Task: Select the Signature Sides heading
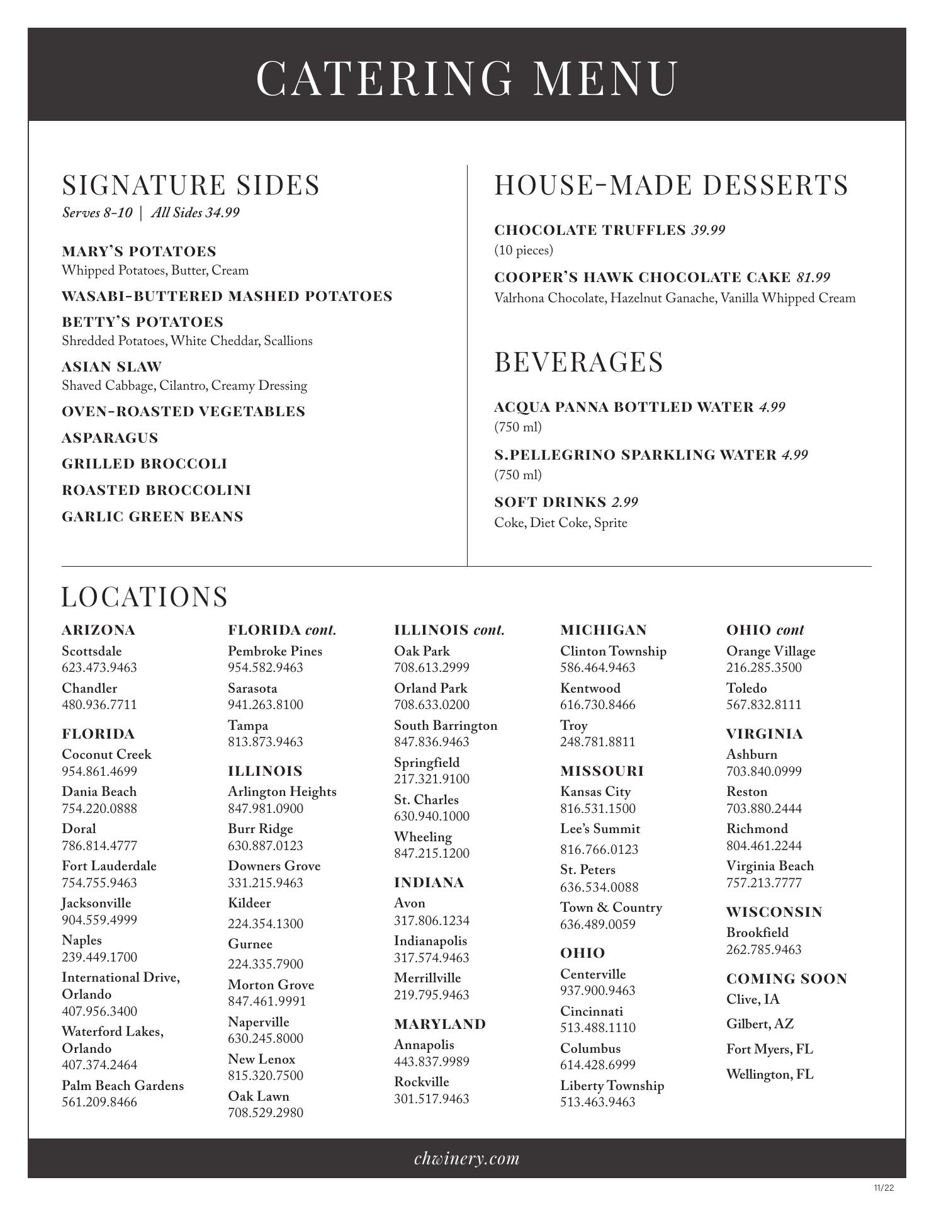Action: [191, 185]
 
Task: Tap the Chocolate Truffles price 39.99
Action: [708, 230]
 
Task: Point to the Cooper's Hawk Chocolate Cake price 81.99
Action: [813, 278]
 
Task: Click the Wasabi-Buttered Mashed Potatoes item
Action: [227, 297]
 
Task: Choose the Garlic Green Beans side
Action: [152, 517]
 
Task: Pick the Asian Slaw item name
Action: [111, 367]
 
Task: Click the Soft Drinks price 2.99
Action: [624, 502]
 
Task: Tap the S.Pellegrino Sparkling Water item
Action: [635, 455]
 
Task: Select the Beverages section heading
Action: [578, 362]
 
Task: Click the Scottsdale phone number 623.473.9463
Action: [99, 667]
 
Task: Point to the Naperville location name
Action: [258, 1022]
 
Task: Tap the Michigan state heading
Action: [603, 630]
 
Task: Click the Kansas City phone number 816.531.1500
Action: [597, 809]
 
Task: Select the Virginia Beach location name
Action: [770, 866]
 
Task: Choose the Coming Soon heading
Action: [787, 979]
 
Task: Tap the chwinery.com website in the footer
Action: [467, 1159]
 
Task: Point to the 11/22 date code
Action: [884, 1188]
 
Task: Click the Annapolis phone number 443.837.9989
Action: [431, 1062]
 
